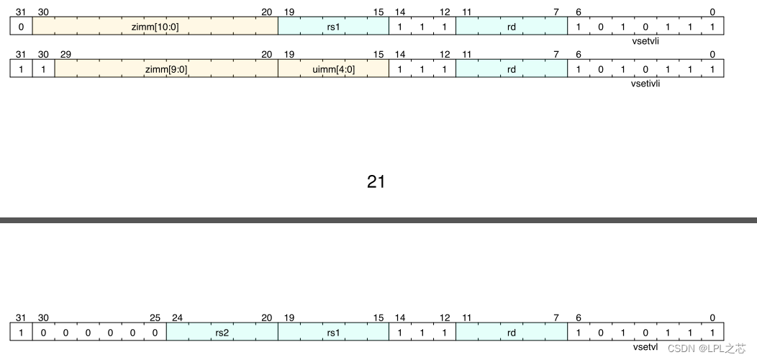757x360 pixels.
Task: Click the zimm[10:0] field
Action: point(155,27)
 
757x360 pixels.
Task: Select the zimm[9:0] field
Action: point(166,69)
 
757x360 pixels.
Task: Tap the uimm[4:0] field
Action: point(333,69)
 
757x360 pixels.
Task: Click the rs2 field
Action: point(222,333)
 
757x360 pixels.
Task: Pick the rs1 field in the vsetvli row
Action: point(333,27)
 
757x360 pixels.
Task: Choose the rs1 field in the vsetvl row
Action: point(333,333)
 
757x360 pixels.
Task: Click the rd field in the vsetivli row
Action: point(512,69)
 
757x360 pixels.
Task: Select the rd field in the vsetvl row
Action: point(512,333)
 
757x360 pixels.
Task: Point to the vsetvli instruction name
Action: point(646,42)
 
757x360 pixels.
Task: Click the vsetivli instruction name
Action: point(646,84)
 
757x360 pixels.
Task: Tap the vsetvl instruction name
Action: point(645,347)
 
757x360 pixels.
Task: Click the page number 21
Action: point(376,182)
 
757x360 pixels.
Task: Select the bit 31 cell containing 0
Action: point(21,27)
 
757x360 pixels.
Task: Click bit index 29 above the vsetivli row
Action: point(65,54)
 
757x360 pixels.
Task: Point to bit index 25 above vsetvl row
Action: point(155,318)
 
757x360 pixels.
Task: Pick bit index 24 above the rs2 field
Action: point(177,318)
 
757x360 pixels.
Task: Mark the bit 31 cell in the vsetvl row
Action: point(21,333)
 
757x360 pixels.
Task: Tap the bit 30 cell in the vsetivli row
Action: point(43,69)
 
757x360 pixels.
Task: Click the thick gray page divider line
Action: point(378,220)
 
